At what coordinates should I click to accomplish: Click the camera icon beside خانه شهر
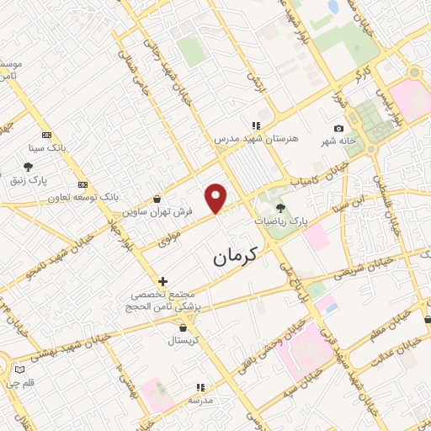point(338,129)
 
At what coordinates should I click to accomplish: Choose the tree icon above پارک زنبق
point(29,167)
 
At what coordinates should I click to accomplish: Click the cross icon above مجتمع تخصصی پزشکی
point(162,280)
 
